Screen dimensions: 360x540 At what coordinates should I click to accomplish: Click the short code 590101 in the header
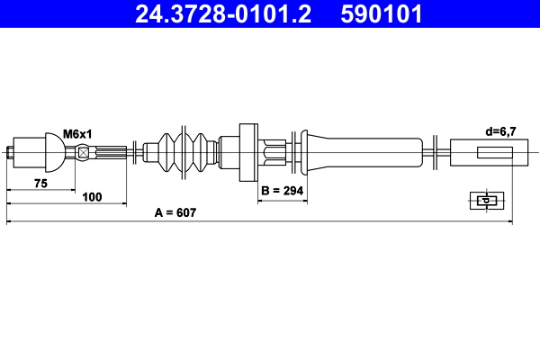(380, 14)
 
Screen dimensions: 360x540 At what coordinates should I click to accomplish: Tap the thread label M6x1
(78, 132)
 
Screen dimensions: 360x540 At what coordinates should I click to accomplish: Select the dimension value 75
(40, 183)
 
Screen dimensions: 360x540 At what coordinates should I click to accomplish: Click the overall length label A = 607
(175, 213)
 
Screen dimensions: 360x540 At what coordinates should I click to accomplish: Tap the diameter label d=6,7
(501, 131)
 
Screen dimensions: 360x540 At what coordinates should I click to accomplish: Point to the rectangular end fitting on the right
(482, 151)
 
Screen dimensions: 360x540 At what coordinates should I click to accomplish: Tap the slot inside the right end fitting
(494, 152)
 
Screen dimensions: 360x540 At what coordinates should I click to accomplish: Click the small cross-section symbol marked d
(486, 201)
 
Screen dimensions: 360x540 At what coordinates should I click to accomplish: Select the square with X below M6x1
(84, 152)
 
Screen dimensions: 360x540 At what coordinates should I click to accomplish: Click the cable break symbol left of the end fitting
(435, 151)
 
